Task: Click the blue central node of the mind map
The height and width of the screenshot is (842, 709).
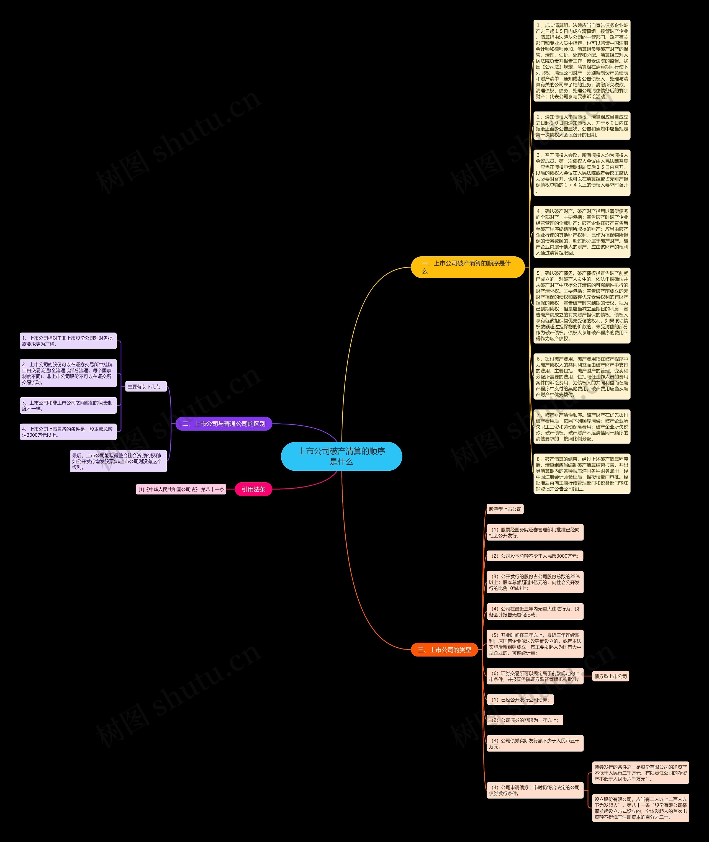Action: coord(341,456)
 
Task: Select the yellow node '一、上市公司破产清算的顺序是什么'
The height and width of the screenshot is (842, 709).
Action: coord(467,267)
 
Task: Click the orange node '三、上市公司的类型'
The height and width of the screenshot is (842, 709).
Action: coord(444,650)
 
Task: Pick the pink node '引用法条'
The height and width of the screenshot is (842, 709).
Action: coord(253,489)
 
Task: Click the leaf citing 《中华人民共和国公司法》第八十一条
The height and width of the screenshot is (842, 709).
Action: coord(181,489)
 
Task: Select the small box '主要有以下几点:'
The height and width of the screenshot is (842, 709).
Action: coord(145,387)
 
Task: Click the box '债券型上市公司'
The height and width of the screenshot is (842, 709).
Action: coord(610,676)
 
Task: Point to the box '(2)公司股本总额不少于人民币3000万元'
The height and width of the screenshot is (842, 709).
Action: coord(535,556)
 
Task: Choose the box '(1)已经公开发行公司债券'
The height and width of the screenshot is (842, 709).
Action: coord(520,699)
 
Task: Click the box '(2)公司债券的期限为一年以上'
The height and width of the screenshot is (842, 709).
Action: coord(525,720)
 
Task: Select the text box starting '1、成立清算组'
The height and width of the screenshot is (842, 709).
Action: coord(582,61)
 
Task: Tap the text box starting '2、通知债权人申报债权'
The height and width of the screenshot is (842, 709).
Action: coord(582,126)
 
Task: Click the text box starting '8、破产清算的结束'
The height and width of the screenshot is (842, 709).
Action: coord(582,474)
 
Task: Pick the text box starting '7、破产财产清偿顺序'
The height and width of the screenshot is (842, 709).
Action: coord(582,427)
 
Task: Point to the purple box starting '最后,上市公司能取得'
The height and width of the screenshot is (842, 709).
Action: coord(118,461)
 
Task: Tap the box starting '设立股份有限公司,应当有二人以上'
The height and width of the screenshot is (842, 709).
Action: coord(640,808)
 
